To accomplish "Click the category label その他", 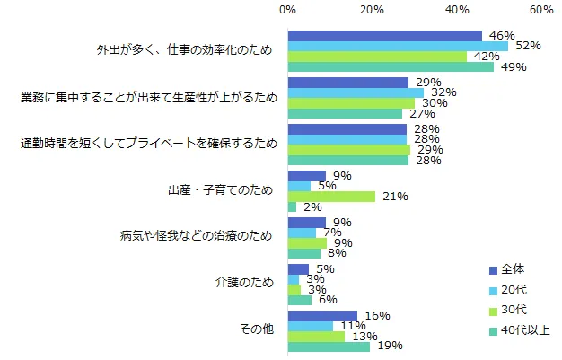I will point(257,330).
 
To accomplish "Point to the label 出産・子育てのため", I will point(219,190).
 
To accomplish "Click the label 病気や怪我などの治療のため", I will point(196,237).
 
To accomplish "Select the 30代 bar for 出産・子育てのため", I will point(331,196).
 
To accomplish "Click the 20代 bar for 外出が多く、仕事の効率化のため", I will point(398,46).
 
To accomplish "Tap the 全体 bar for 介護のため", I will point(298,268).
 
